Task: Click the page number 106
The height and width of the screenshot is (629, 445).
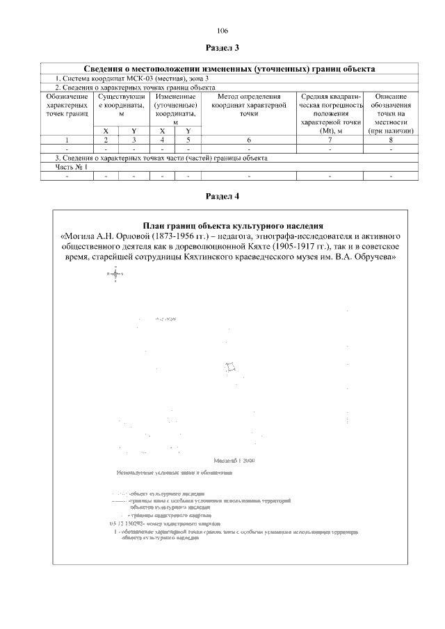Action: click(222, 31)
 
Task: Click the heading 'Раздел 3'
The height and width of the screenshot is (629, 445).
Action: click(222, 48)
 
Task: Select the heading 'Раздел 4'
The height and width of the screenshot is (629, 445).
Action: click(222, 196)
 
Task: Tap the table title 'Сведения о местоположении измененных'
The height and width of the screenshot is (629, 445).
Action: click(229, 70)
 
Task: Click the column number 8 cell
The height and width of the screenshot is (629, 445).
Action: click(391, 140)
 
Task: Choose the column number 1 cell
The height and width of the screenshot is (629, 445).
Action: click(68, 140)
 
